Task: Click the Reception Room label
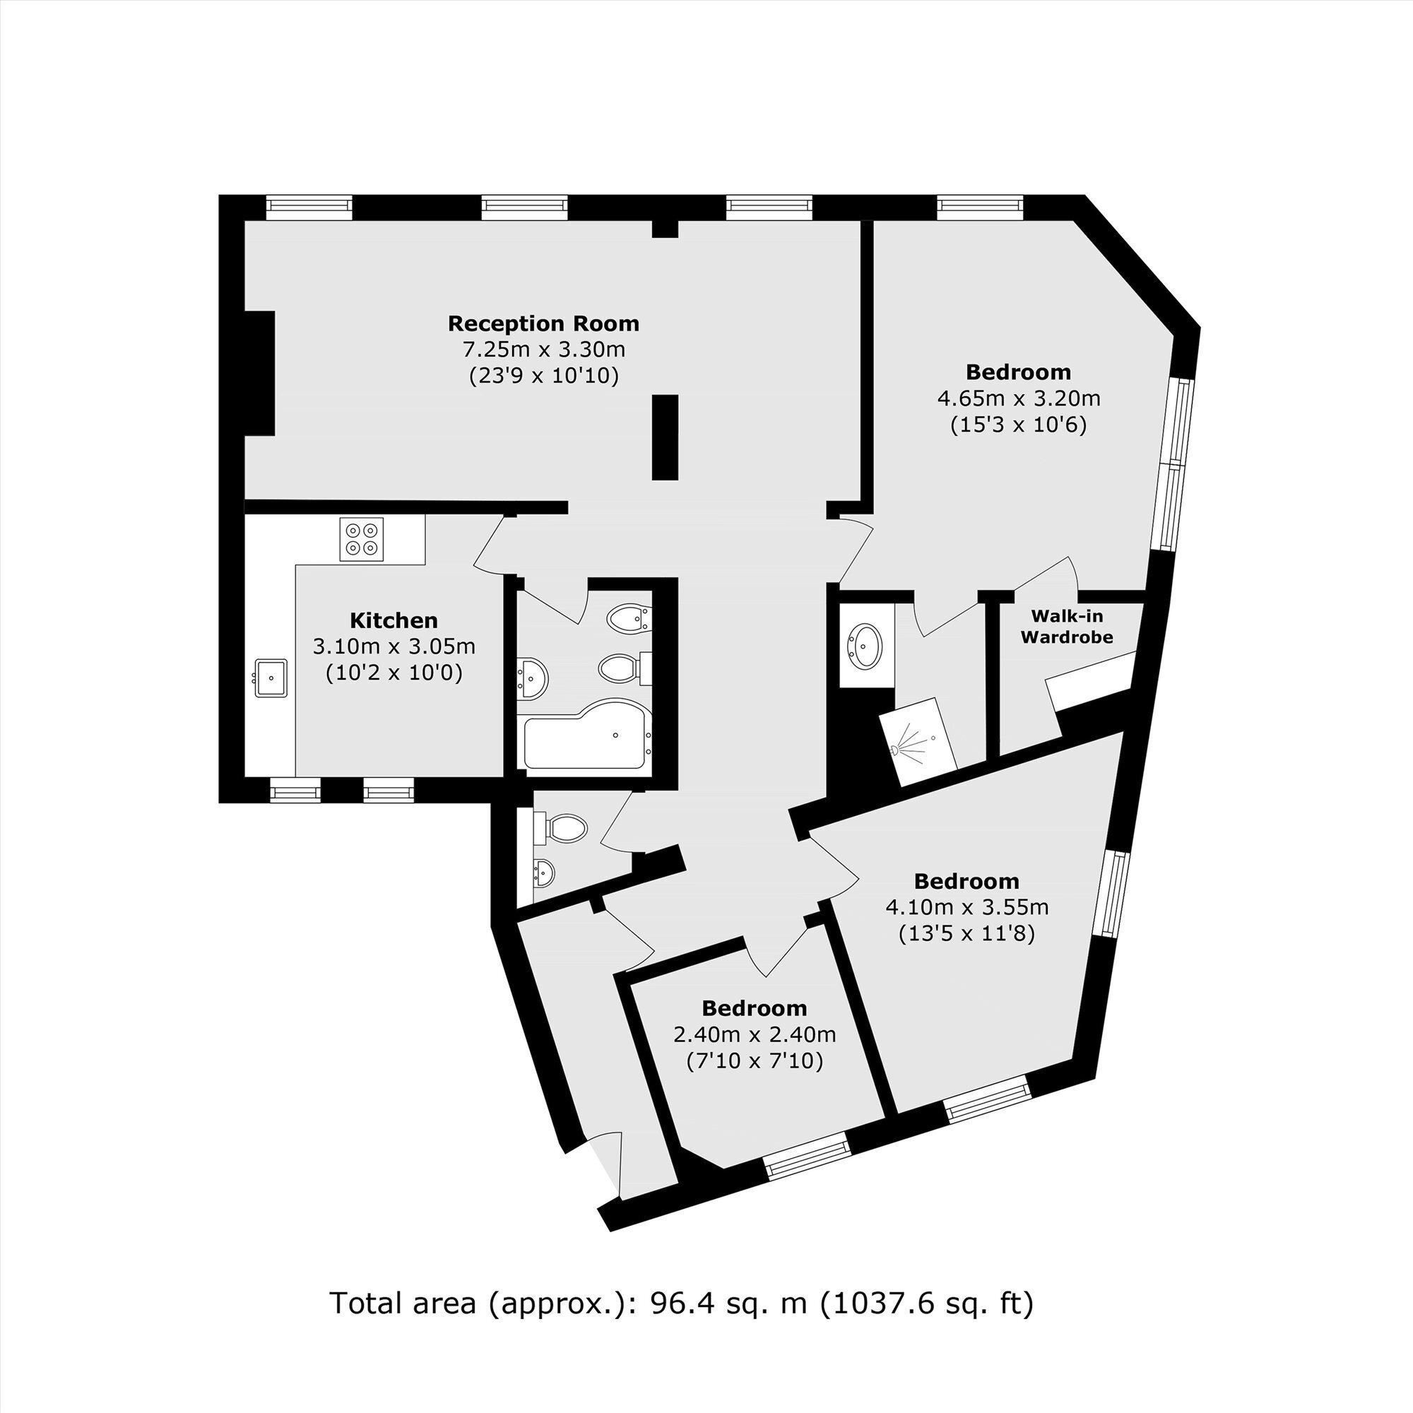pyautogui.click(x=543, y=324)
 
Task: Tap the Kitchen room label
pyautogui.click(x=394, y=620)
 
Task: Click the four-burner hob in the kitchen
pyautogui.click(x=361, y=539)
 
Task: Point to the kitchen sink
pyautogui.click(x=271, y=678)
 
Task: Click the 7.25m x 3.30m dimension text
pyautogui.click(x=543, y=350)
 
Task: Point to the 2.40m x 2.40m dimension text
pyautogui.click(x=754, y=1035)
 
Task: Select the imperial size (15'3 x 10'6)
pyautogui.click(x=1018, y=425)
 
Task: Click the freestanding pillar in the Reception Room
pyautogui.click(x=665, y=437)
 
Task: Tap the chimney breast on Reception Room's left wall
pyautogui.click(x=259, y=374)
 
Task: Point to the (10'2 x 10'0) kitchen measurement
pyautogui.click(x=394, y=672)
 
